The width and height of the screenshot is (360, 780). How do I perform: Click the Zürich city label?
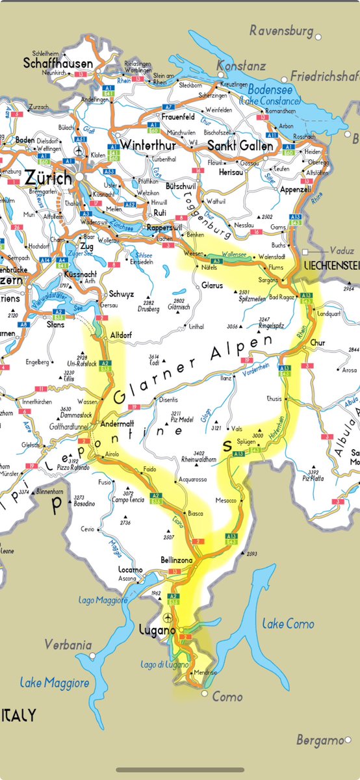[49, 176]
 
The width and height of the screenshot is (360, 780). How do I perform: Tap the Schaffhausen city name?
[58, 64]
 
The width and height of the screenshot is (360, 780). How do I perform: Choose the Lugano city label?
[157, 630]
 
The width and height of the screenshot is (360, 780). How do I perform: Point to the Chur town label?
[317, 342]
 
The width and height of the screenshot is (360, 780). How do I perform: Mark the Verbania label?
[66, 644]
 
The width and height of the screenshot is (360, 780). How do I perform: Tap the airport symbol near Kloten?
[79, 151]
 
